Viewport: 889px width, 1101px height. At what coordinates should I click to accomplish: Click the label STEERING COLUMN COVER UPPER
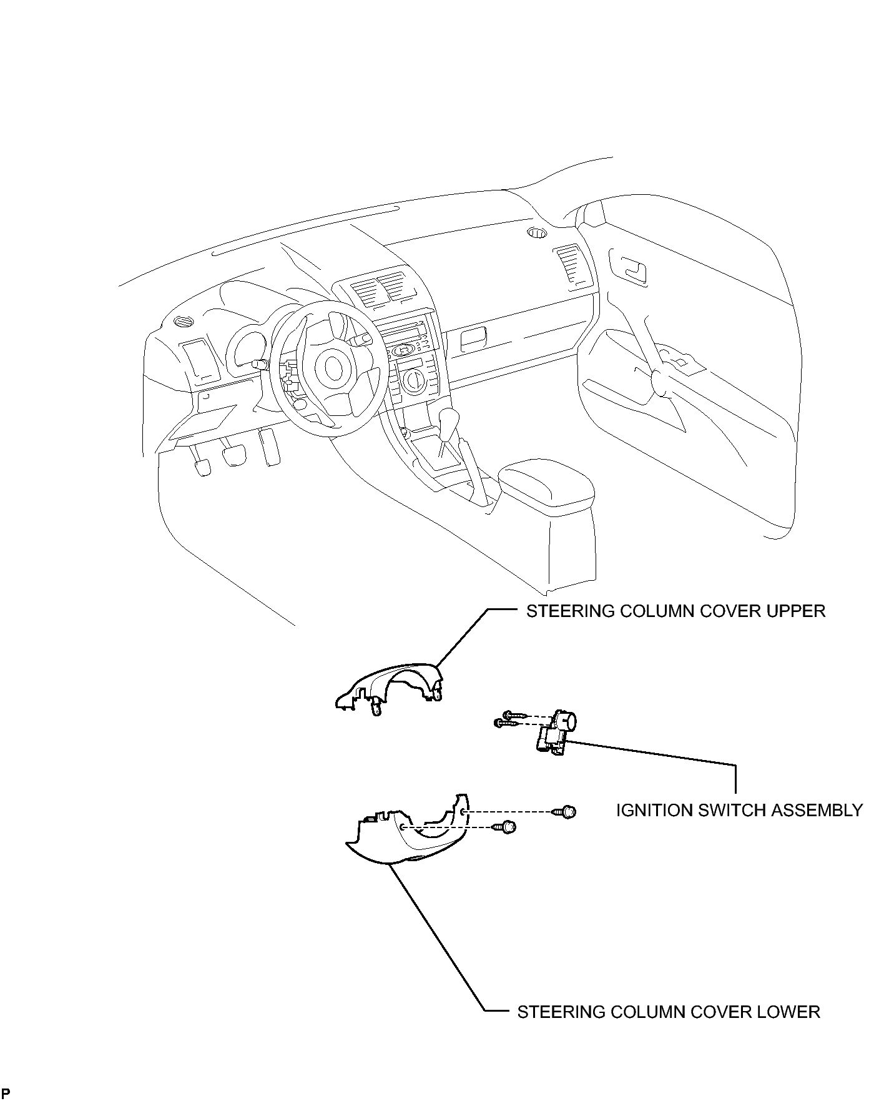675,611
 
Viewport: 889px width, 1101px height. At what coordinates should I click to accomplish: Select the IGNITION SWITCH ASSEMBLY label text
739,811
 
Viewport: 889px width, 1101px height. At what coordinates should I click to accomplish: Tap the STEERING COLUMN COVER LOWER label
669,1012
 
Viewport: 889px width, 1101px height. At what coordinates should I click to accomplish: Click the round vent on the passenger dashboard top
536,234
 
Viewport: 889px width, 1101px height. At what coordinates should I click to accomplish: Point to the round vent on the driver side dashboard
184,322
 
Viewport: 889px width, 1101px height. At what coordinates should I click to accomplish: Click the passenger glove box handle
473,338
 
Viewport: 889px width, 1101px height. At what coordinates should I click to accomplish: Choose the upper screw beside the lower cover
564,811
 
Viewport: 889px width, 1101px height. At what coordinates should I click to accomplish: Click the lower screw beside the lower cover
505,827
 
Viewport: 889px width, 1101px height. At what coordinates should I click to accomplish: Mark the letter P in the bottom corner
6,1092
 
